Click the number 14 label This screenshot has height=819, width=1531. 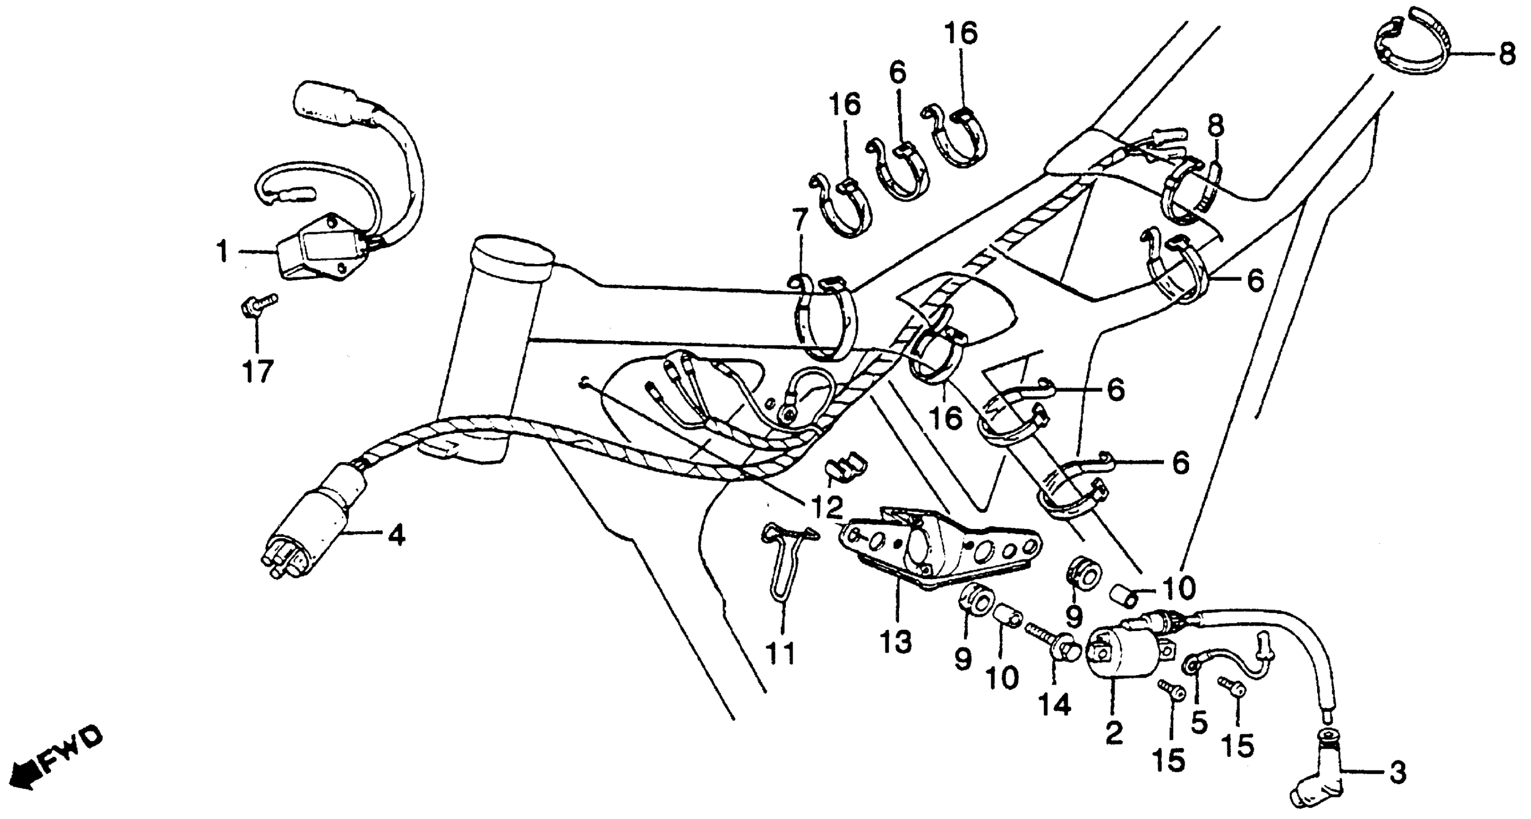click(x=1054, y=704)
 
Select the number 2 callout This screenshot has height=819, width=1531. click(x=1113, y=733)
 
